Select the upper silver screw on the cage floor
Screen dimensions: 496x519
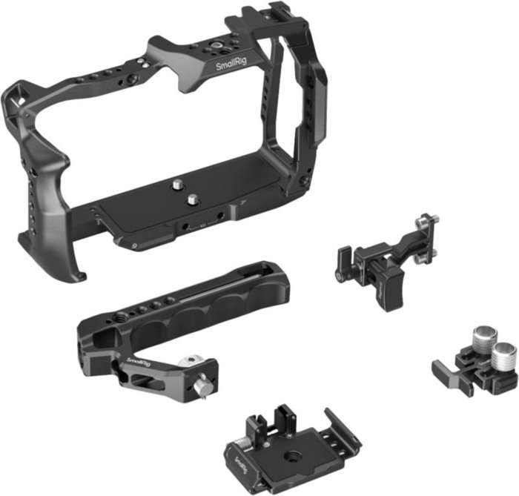pos(180,180)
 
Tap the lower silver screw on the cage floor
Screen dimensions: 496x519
pos(193,198)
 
